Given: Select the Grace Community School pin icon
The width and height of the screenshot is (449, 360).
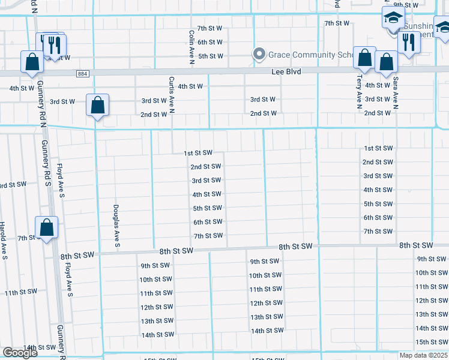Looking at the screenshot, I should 259,55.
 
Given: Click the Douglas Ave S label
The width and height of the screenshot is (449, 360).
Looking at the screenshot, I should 116,226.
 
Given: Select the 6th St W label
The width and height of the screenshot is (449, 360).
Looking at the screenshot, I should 210,42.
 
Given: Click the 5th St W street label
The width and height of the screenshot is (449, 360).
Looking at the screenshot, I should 210,56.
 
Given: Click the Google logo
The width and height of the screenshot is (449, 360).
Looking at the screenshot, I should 20,353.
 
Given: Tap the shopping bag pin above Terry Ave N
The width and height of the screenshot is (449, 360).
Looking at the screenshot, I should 364,59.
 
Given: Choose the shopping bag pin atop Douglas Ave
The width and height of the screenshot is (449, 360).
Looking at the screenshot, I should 97,106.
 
